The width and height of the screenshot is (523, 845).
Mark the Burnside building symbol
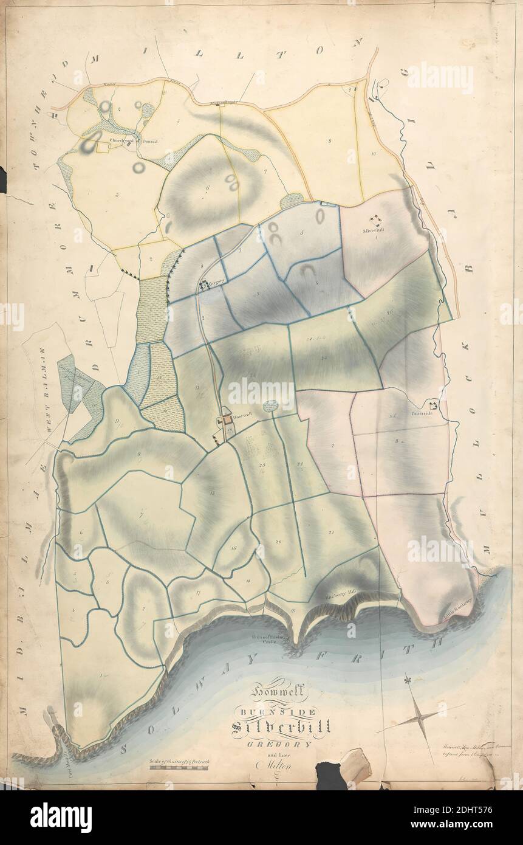(434, 405)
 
